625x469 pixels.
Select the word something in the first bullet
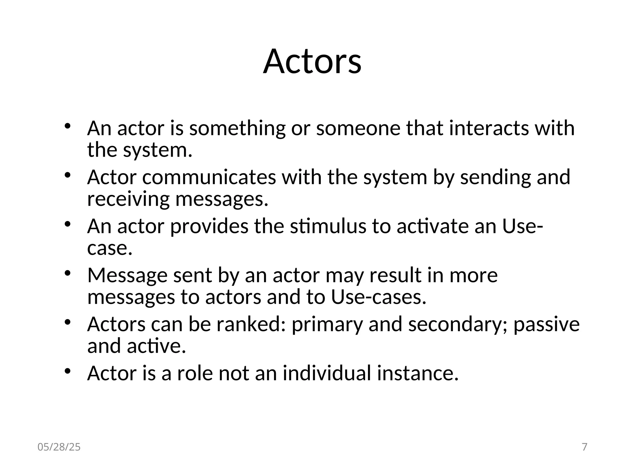[x=237, y=128]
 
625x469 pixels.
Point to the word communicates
[x=209, y=177]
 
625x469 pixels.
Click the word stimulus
[x=328, y=226]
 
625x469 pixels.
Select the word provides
[x=209, y=226]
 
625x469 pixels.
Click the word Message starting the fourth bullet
[x=127, y=276]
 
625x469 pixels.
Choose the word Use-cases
[x=378, y=297]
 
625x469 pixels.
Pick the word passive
[x=546, y=324]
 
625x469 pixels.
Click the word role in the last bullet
[x=195, y=373]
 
